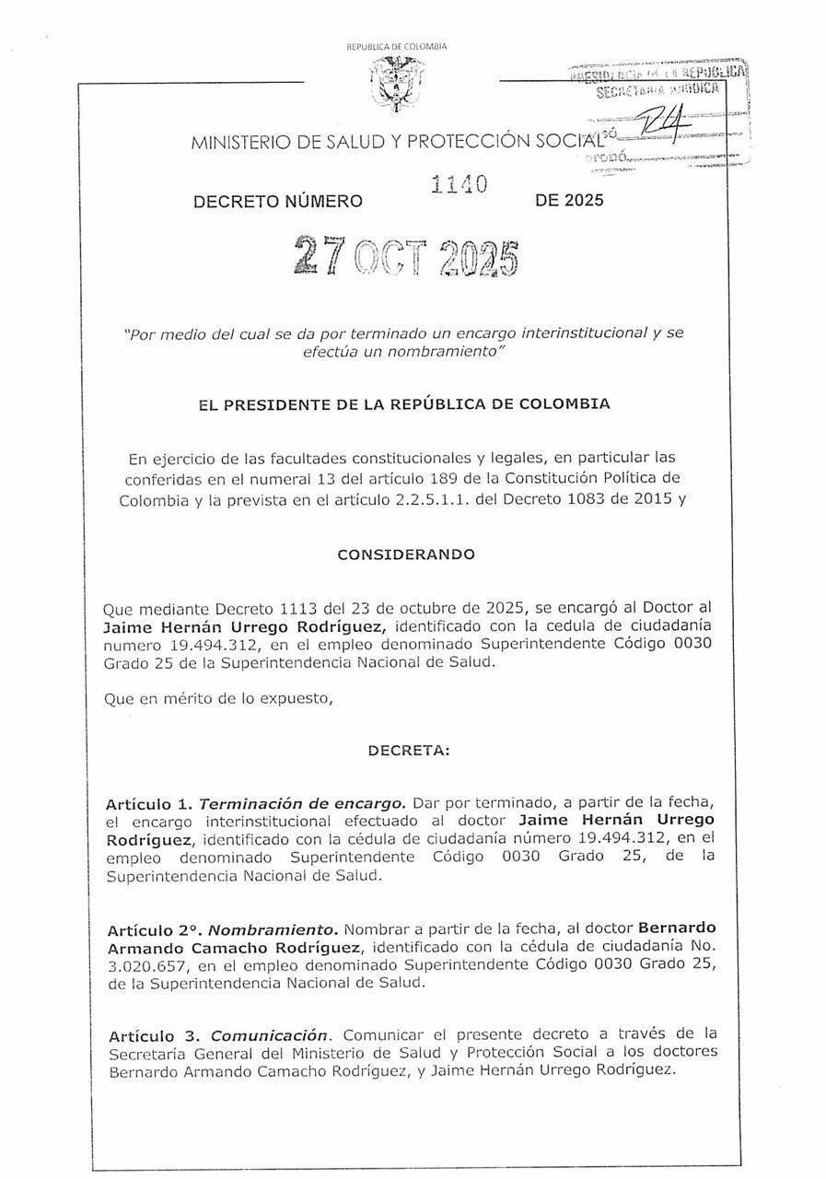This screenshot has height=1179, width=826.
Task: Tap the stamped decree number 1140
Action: tap(458, 186)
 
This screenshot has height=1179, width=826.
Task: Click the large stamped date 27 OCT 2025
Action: tap(404, 255)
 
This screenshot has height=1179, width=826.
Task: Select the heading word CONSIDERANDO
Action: tap(406, 554)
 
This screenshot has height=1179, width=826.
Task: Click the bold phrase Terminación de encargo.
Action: tap(301, 802)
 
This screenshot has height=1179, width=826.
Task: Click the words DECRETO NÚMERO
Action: tap(277, 201)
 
